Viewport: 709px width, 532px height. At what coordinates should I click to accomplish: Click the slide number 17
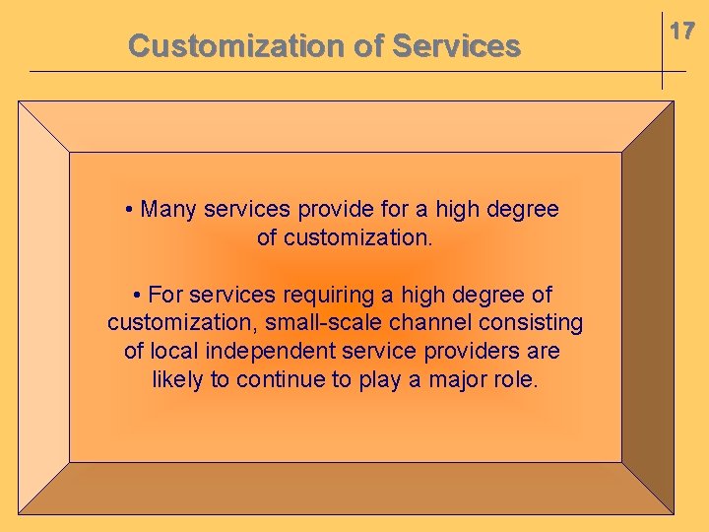(x=682, y=32)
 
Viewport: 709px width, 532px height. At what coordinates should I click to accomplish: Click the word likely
(x=177, y=380)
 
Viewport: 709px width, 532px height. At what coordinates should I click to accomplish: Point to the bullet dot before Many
(x=131, y=210)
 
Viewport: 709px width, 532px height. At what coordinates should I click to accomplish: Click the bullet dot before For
(x=138, y=296)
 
